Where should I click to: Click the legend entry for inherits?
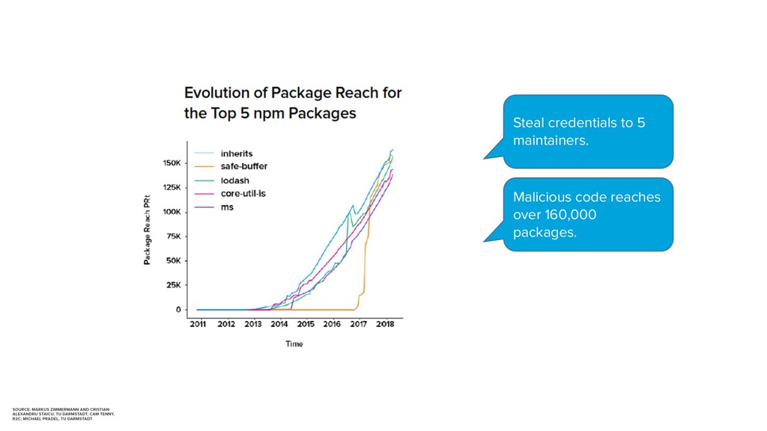236,154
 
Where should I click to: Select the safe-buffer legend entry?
243,167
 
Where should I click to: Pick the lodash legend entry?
234,180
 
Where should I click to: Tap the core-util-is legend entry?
243,193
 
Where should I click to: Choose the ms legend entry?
226,207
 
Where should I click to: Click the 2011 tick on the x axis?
197,325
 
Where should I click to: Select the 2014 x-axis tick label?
279,325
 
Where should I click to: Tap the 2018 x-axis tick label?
385,325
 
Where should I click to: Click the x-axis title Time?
294,343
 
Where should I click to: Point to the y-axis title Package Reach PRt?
147,230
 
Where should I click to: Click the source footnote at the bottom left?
64,413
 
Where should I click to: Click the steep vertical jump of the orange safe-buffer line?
366,262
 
